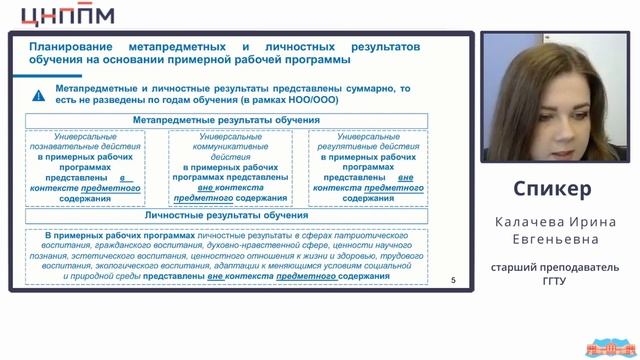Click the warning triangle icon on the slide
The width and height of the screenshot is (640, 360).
(38, 96)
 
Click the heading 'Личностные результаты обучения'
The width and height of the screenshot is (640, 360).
(226, 215)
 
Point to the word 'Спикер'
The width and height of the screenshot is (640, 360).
(552, 189)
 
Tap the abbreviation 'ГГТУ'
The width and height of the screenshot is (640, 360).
(553, 283)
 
